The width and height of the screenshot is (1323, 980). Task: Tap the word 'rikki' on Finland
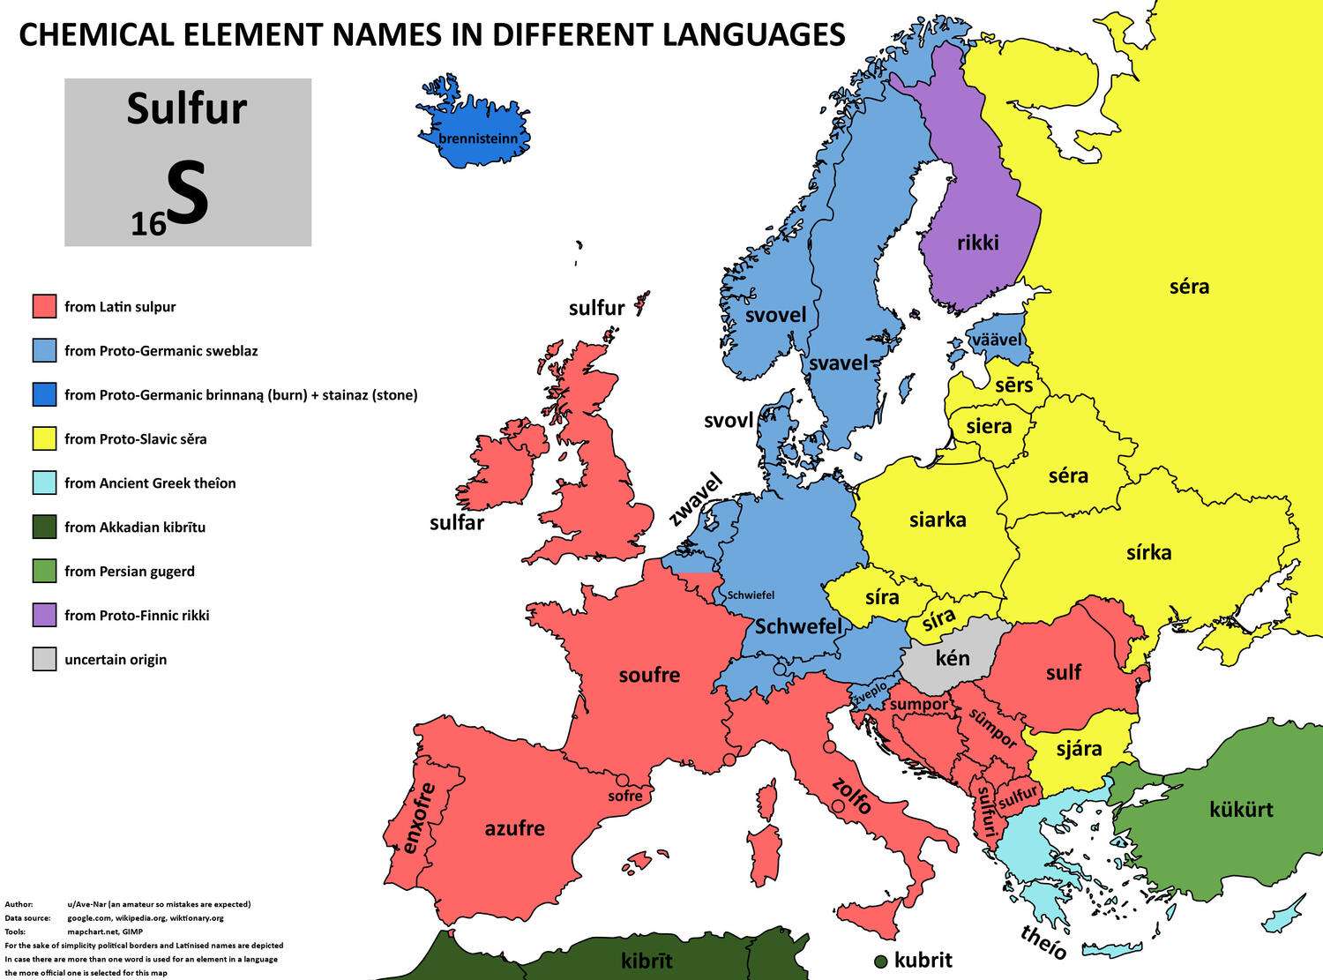[978, 242]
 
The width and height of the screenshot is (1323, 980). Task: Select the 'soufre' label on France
[649, 675]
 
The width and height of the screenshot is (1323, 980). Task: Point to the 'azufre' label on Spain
[514, 828]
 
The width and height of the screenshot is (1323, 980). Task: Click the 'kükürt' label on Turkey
[1241, 809]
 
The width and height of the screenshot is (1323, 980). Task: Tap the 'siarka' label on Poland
[938, 520]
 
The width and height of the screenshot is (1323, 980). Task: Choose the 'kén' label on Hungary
[953, 657]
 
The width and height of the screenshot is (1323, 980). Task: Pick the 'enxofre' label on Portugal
[419, 818]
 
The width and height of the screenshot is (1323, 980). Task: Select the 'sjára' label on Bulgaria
[1079, 749]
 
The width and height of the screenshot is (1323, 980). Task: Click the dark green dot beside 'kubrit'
[880, 961]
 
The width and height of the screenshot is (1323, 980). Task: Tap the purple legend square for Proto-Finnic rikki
[44, 615]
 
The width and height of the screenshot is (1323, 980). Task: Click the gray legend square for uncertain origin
[44, 659]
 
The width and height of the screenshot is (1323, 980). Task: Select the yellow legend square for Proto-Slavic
[44, 438]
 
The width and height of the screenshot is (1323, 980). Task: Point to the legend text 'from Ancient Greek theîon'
[150, 483]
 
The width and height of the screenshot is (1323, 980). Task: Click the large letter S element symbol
[188, 196]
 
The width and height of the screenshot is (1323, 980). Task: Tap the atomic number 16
[148, 225]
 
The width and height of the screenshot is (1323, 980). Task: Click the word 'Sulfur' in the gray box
[186, 109]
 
